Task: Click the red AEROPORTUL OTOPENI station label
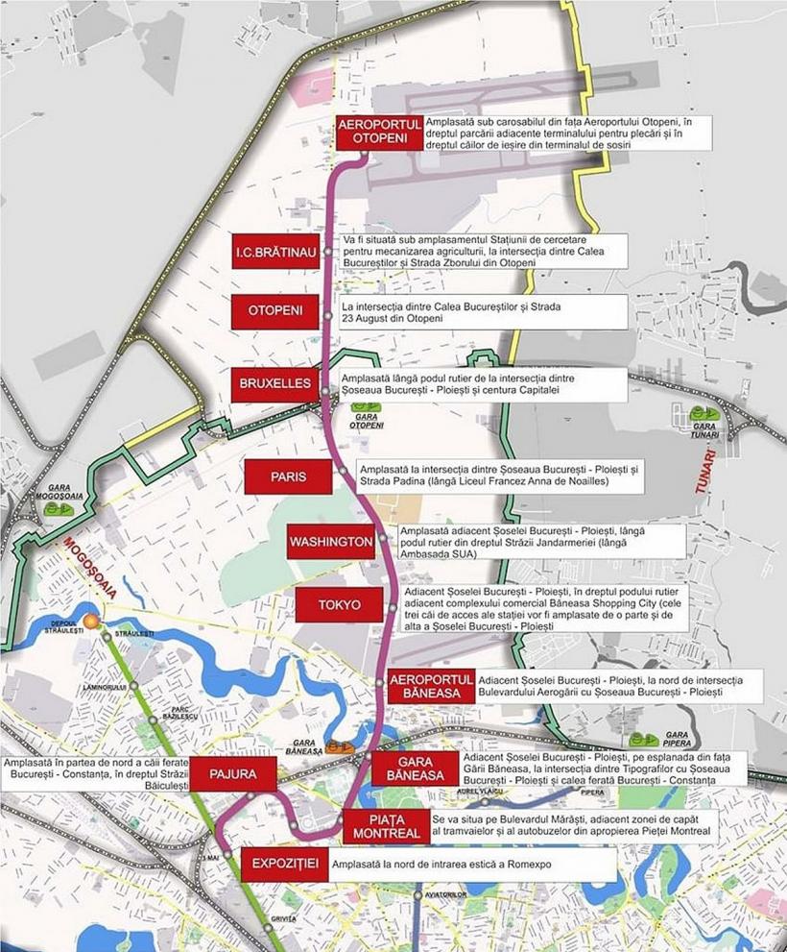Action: coord(379,133)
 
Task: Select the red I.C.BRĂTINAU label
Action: coord(275,252)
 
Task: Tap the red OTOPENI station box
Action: coord(275,311)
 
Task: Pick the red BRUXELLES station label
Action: coord(275,383)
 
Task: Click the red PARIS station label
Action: coord(288,476)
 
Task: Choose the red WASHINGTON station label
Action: coord(331,541)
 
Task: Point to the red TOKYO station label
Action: coord(340,605)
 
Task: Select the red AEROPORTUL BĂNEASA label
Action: coord(431,687)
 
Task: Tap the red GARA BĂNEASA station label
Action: coord(415,769)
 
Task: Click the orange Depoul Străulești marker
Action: coord(91,622)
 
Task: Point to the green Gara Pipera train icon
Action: coord(644,739)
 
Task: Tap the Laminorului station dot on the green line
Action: coord(133,686)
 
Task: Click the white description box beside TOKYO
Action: coord(544,606)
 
